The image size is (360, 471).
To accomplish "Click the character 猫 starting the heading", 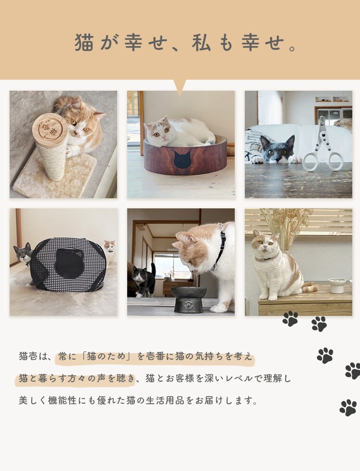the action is pyautogui.click(x=84, y=43).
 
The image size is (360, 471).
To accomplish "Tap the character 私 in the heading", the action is pyautogui.click(x=202, y=43).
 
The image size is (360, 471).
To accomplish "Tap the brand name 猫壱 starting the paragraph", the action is pyautogui.click(x=28, y=357).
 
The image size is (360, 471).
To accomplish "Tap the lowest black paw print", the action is pyautogui.click(x=348, y=408).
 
